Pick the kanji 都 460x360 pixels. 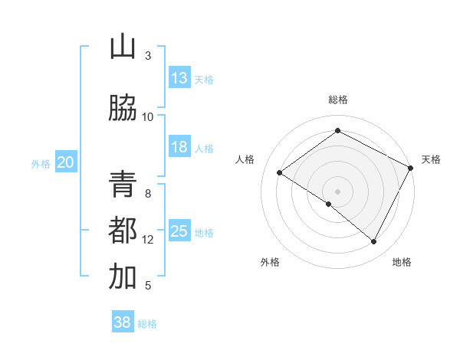(x=123, y=231)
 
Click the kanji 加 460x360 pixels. (x=123, y=277)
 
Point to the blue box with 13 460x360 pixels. (x=179, y=78)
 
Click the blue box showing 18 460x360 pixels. (x=179, y=147)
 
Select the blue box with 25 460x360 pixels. (x=179, y=231)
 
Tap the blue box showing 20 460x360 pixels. (x=66, y=162)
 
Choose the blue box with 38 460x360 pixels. (x=123, y=322)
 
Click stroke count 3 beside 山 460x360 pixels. (x=148, y=56)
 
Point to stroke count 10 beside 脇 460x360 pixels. (x=148, y=117)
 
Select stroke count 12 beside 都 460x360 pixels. (x=148, y=240)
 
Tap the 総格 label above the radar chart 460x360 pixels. (x=337, y=100)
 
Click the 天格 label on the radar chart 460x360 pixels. (x=431, y=159)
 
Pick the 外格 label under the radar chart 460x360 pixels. (x=270, y=262)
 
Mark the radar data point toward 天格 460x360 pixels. (x=411, y=168)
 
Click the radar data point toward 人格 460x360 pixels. (x=280, y=173)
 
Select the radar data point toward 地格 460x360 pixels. (x=374, y=241)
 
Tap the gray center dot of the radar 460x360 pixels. (x=337, y=191)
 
